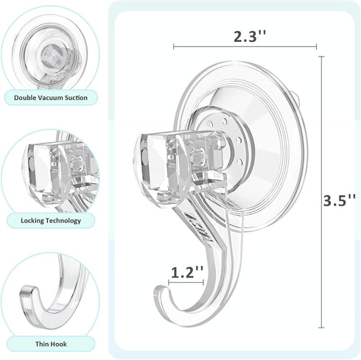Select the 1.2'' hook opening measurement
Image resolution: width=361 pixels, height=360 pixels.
(186, 272)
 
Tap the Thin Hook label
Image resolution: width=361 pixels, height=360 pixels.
(50, 342)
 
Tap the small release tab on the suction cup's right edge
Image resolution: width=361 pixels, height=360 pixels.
(297, 97)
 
